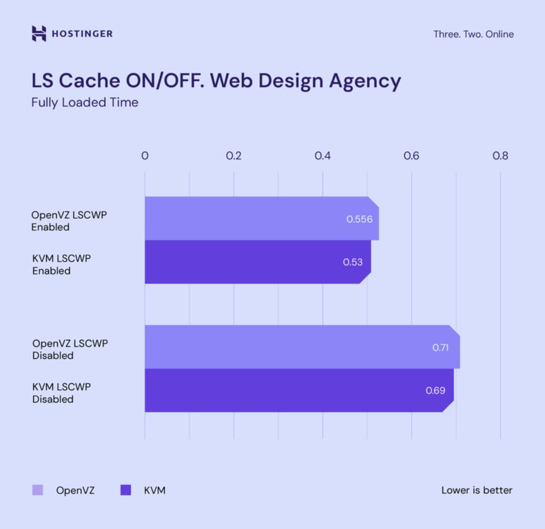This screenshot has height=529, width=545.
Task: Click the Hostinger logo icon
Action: click(x=39, y=34)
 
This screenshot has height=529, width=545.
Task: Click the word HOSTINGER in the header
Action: click(x=82, y=34)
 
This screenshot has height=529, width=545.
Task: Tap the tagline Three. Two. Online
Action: click(x=473, y=34)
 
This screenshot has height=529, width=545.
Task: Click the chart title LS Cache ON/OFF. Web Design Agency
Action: click(x=216, y=81)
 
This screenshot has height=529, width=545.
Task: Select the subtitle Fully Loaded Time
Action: click(x=85, y=103)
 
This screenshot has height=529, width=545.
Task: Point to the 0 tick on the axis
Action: click(x=145, y=156)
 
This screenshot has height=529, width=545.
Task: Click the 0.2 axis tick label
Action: click(x=234, y=156)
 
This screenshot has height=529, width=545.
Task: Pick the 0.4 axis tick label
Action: click(x=322, y=156)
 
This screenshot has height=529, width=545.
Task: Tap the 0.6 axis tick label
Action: click(x=411, y=156)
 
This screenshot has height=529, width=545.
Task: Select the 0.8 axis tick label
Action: click(x=500, y=156)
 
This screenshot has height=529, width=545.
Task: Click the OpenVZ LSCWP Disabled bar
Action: click(x=289, y=347)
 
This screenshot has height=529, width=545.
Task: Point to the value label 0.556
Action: click(x=359, y=219)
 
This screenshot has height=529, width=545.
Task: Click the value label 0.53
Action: click(x=352, y=262)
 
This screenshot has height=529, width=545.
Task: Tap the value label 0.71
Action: click(x=440, y=348)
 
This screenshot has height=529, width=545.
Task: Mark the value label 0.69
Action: click(x=435, y=391)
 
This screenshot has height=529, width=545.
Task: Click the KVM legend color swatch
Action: click(x=125, y=490)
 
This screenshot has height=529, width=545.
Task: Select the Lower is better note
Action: click(x=477, y=490)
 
